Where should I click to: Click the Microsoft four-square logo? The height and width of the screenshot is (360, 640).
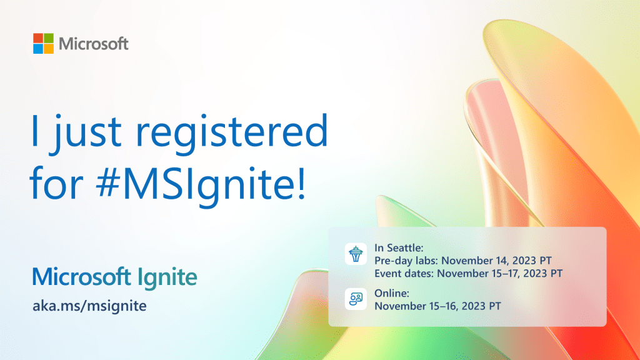tap(44, 44)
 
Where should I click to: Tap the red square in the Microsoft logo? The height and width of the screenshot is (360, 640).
tap(39, 39)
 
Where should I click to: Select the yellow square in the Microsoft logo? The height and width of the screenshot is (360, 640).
tap(49, 49)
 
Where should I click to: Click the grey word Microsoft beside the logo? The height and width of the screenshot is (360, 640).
tap(94, 44)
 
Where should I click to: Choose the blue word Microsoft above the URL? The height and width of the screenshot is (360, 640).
tap(82, 277)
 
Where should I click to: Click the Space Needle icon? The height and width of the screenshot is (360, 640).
tap(356, 254)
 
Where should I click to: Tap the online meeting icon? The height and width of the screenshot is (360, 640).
tap(356, 299)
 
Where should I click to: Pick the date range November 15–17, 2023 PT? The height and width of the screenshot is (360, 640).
tap(501, 273)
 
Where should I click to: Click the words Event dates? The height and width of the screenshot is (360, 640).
tap(404, 273)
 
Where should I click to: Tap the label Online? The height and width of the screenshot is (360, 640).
tap(392, 292)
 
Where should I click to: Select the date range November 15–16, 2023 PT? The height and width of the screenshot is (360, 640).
tap(437, 306)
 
